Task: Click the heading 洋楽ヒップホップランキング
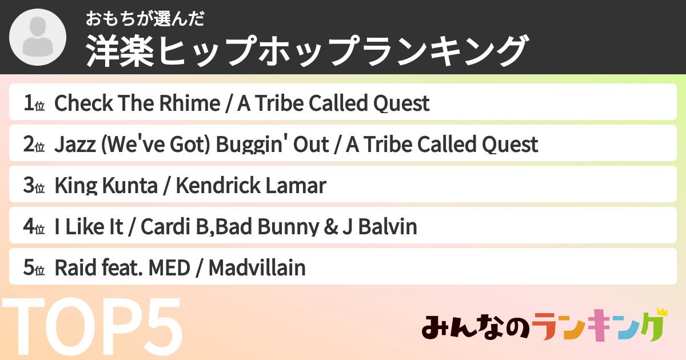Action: (x=306, y=51)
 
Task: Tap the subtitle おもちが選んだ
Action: (x=145, y=19)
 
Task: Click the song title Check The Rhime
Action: (x=137, y=104)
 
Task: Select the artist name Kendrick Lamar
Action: (x=250, y=186)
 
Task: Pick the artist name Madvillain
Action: (x=257, y=268)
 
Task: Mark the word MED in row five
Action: (x=168, y=268)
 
